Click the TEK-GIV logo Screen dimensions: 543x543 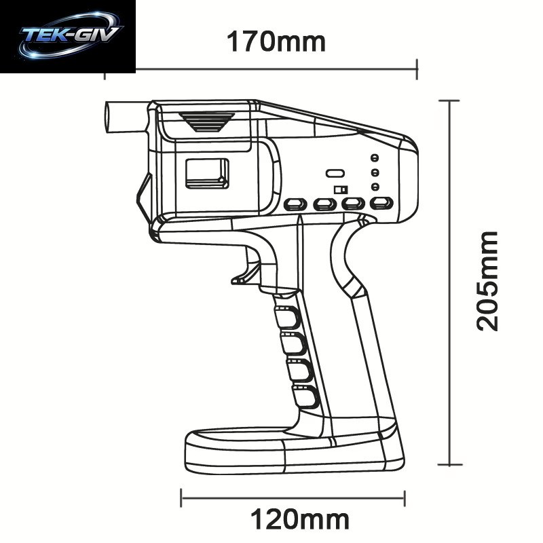tap(71, 35)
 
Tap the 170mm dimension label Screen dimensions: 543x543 tap(276, 42)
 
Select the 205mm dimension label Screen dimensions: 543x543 tap(487, 281)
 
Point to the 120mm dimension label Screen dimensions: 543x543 tap(300, 519)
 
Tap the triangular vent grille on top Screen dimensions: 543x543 tap(207, 122)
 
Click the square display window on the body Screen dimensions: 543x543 tap(207, 174)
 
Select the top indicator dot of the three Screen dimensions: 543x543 tap(375, 158)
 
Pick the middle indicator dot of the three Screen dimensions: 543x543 tap(375, 172)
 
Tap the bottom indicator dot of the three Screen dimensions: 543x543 tap(375, 187)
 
